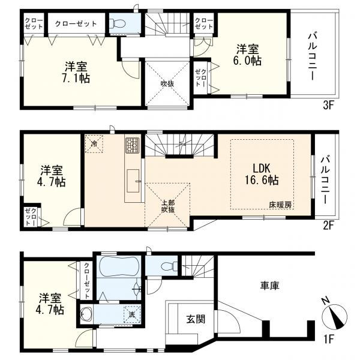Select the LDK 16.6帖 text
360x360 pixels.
[262, 174]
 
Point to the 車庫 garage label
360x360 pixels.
[270, 286]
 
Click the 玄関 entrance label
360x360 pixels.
[196, 319]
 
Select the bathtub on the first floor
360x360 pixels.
[119, 266]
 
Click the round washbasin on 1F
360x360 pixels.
[86, 314]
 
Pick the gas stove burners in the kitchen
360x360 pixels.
[132, 146]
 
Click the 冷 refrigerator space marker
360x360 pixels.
[94, 144]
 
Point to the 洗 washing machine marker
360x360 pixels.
[132, 314]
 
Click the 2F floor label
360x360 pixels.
[328, 226]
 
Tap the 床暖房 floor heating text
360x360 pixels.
[280, 205]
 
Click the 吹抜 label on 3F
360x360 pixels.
[167, 83]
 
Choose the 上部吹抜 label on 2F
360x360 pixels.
[168, 206]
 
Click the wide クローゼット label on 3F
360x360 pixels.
[76, 23]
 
